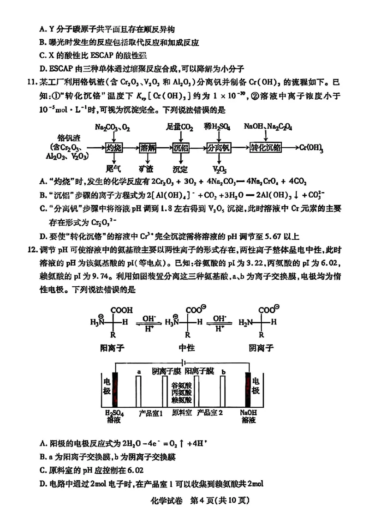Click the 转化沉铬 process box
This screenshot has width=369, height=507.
coord(265,148)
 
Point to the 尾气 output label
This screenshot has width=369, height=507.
coord(113,169)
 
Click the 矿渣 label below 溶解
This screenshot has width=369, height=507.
coord(148,169)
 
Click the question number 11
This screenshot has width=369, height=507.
coord(32,84)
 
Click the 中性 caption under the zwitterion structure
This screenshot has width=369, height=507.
coord(187,347)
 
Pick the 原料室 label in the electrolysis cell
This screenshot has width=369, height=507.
coord(182,411)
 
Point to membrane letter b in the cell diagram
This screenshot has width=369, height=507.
coord(223,372)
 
